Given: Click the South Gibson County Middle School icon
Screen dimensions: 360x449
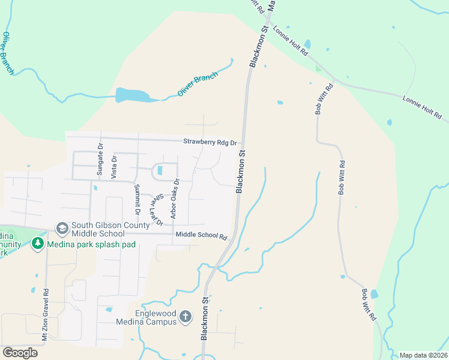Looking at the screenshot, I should point(62,229).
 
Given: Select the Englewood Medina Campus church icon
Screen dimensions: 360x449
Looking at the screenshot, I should point(185,317).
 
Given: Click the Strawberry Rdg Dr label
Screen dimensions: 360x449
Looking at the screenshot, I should point(211,142).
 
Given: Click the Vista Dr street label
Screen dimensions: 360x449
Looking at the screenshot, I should point(113,166).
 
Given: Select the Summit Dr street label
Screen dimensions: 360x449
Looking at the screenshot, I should point(137,200).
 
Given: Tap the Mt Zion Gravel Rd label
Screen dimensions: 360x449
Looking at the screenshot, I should point(45,314).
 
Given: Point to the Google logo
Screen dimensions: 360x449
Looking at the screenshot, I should point(20,353).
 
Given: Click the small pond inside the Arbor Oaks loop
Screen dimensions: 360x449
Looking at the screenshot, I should point(160,171).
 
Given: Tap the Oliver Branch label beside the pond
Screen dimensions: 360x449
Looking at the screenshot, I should point(197,84).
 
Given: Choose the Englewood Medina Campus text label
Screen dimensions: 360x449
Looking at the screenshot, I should point(156,317).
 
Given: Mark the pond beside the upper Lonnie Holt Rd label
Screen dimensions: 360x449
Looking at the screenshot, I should point(307,44).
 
